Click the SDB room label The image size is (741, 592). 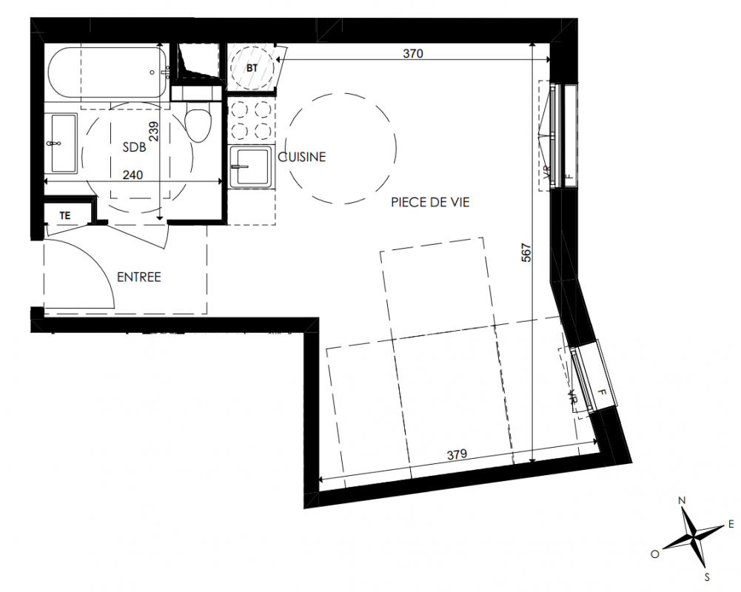(134, 147)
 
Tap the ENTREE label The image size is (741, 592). (139, 277)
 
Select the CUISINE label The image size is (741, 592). (302, 157)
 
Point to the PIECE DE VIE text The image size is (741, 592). (430, 202)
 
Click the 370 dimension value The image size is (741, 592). (413, 53)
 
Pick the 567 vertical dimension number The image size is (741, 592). (526, 252)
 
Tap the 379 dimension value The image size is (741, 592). (457, 454)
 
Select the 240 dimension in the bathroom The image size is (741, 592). (133, 175)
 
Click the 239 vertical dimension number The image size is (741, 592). (153, 131)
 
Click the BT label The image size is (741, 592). (252, 68)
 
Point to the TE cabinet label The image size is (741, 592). (64, 215)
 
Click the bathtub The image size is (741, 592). (107, 73)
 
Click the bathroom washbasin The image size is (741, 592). (64, 143)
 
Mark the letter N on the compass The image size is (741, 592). (682, 500)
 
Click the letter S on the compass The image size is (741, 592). (707, 577)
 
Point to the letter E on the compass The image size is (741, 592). (731, 524)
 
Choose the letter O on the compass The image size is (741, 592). (655, 554)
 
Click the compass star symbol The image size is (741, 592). (694, 538)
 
